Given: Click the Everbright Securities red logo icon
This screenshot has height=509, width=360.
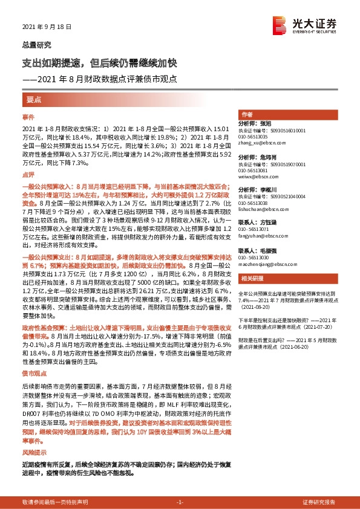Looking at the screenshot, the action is (x=280, y=24).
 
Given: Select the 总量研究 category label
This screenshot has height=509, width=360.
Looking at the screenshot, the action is (x=37, y=45).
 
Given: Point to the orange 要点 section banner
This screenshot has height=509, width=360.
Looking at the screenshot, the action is (x=34, y=99).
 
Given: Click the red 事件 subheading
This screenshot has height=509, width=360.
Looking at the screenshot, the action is (x=28, y=115).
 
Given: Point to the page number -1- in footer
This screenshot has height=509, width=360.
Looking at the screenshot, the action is (x=180, y=502).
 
